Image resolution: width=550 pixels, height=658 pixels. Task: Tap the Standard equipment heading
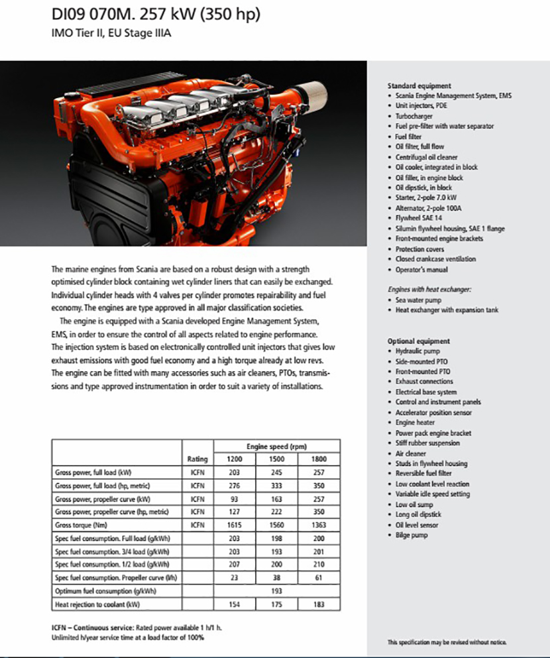pos(419,86)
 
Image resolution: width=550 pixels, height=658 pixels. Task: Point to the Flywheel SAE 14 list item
pos(419,218)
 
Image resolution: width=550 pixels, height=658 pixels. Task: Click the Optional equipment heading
pos(418,341)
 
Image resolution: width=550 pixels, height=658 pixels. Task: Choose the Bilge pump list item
pos(412,535)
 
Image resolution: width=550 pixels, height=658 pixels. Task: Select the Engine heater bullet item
pos(415,422)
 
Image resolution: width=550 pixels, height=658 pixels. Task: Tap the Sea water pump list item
pos(417,300)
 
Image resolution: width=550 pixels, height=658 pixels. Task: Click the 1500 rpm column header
pos(276,459)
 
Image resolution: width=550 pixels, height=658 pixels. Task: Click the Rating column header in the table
pos(198,459)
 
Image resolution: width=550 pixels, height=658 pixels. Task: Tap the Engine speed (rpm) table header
pos(276,446)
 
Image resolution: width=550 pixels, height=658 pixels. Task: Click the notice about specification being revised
pos(447,642)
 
